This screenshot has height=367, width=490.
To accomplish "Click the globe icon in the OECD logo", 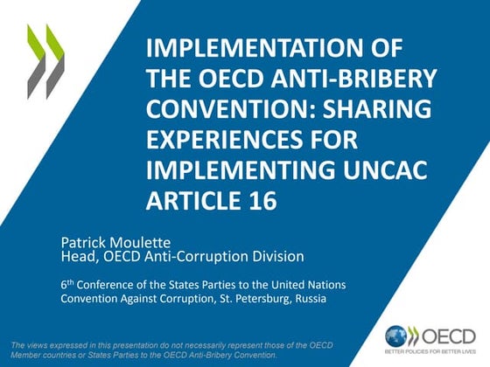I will click(396, 335).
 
